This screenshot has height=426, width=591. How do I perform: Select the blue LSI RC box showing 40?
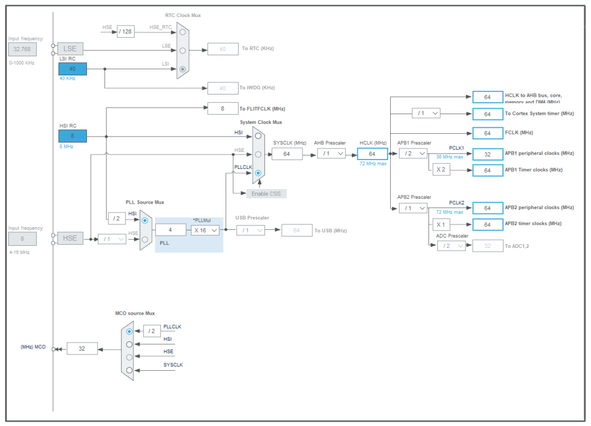pyautogui.click(x=72, y=69)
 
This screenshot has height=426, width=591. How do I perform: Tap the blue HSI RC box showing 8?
pyautogui.click(x=72, y=136)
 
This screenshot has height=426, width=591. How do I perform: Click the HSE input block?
pyautogui.click(x=70, y=238)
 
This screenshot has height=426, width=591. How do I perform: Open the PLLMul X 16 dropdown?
pyautogui.click(x=206, y=230)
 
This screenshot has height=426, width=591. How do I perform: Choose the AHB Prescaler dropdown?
pyautogui.click(x=331, y=153)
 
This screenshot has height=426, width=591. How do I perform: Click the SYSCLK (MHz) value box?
pyautogui.click(x=287, y=153)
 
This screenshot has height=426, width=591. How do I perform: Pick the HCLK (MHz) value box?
pyautogui.click(x=372, y=153)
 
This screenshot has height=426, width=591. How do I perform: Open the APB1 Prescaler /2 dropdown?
pyautogui.click(x=413, y=153)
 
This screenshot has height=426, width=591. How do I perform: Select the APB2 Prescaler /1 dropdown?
pyautogui.click(x=413, y=208)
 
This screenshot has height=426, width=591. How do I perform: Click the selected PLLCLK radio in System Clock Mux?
pyautogui.click(x=258, y=173)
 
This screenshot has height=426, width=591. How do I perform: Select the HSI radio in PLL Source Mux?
pyautogui.click(x=145, y=220)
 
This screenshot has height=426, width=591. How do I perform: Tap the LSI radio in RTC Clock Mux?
pyautogui.click(x=183, y=69)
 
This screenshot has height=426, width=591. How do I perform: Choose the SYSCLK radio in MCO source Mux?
pyautogui.click(x=129, y=370)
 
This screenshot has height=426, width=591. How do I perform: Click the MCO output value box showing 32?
pyautogui.click(x=82, y=348)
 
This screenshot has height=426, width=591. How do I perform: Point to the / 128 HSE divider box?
pyautogui.click(x=125, y=32)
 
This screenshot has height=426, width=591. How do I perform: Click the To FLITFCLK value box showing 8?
pyautogui.click(x=222, y=109)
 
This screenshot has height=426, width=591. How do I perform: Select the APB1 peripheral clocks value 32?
pyautogui.click(x=487, y=154)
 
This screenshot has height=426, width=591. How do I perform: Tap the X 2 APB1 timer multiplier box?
pyautogui.click(x=441, y=170)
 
